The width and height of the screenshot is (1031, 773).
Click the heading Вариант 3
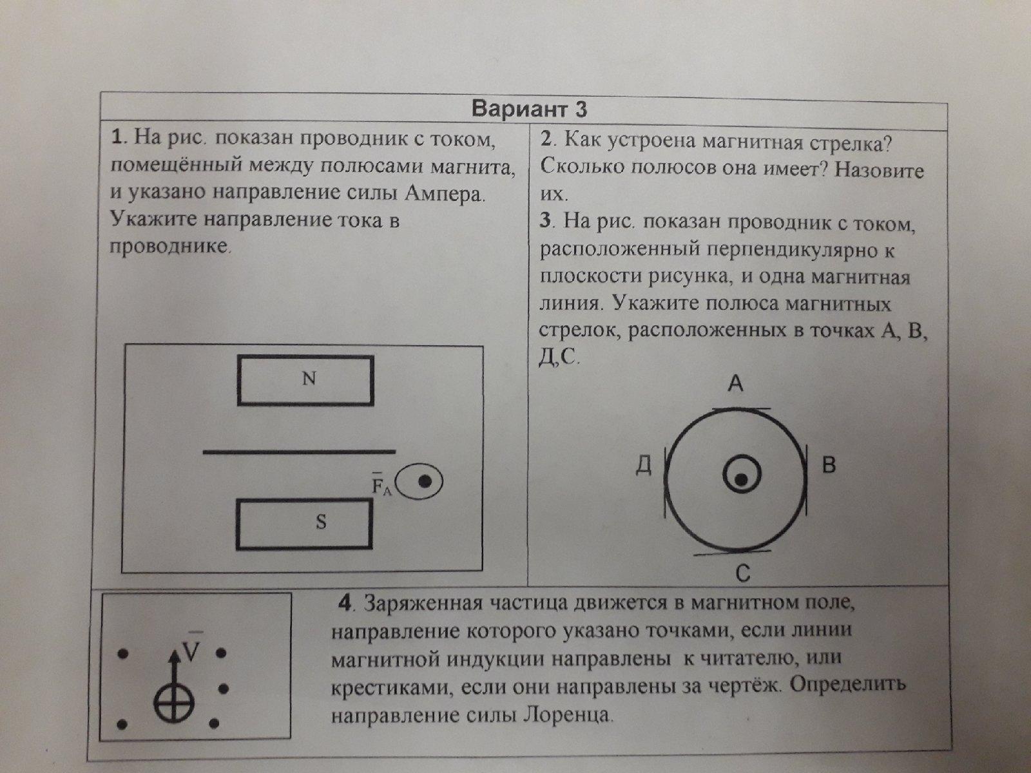point(529,110)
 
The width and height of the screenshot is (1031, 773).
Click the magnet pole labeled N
point(306,380)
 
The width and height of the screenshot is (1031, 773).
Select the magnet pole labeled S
point(304,524)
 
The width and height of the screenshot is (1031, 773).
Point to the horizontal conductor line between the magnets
point(299,452)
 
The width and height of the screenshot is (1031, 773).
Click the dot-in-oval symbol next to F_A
point(419,482)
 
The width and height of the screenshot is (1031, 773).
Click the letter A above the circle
point(736,383)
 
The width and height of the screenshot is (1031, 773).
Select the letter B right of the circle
point(829,465)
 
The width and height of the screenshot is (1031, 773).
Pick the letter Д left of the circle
point(644,466)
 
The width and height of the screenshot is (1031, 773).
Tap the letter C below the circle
point(743,573)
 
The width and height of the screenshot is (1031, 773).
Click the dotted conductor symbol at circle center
point(741,475)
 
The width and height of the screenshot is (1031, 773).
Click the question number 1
point(117,137)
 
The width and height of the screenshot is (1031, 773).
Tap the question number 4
point(345,604)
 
